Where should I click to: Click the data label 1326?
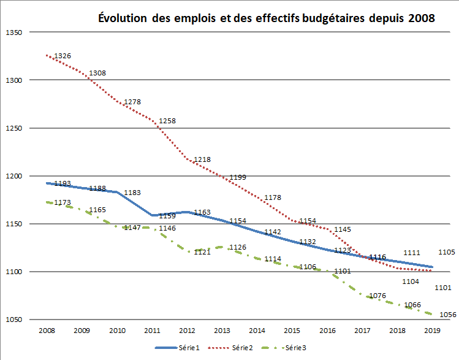pyautogui.click(x=63, y=56)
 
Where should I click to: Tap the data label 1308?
pyautogui.click(x=97, y=73)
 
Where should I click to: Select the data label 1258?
pyautogui.click(x=167, y=121)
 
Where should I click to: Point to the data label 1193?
pyautogui.click(x=63, y=183)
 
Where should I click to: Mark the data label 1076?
pyautogui.click(x=377, y=296)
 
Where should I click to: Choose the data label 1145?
pyautogui.click(x=343, y=229)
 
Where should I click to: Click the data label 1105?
pyautogui.click(x=447, y=252)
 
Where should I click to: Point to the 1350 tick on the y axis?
pyautogui.click(x=13, y=32)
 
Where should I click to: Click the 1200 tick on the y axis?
pyautogui.click(x=13, y=176)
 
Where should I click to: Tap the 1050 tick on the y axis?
pyautogui.click(x=13, y=320)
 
